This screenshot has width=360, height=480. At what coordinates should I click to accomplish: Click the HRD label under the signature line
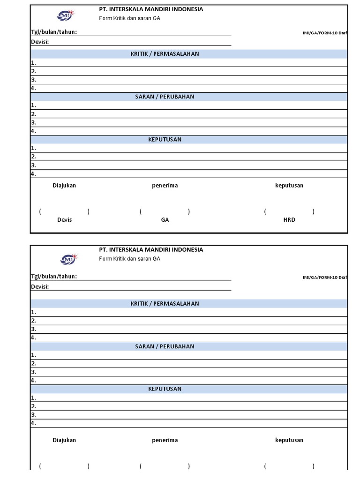point(289,219)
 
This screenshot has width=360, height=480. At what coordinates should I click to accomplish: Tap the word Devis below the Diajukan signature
point(64,219)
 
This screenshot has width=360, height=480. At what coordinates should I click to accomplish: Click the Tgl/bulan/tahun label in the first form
point(54,32)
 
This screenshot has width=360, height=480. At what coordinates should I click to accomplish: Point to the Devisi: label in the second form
point(40,286)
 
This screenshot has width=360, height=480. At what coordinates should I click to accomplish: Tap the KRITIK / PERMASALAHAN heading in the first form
point(165,54)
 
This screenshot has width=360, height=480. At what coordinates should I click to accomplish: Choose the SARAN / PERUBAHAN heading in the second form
point(165,346)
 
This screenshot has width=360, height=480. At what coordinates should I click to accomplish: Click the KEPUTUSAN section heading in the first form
point(165,139)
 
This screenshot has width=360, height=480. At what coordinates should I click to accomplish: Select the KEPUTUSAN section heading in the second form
point(165,389)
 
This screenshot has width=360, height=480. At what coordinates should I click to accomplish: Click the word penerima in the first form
point(165,185)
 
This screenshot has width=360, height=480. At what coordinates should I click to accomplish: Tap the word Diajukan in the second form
point(64,440)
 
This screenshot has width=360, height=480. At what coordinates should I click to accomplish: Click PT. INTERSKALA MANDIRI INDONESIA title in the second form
point(151,250)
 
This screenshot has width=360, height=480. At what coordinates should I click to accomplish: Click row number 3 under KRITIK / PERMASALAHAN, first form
point(34,80)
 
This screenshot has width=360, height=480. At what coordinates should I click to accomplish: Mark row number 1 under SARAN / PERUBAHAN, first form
point(34,105)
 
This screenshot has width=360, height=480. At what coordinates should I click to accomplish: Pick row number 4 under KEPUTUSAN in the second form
point(34,423)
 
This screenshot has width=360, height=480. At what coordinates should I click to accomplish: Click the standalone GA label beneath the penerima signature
point(165,219)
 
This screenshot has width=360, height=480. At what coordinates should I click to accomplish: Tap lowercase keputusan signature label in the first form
point(289,185)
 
